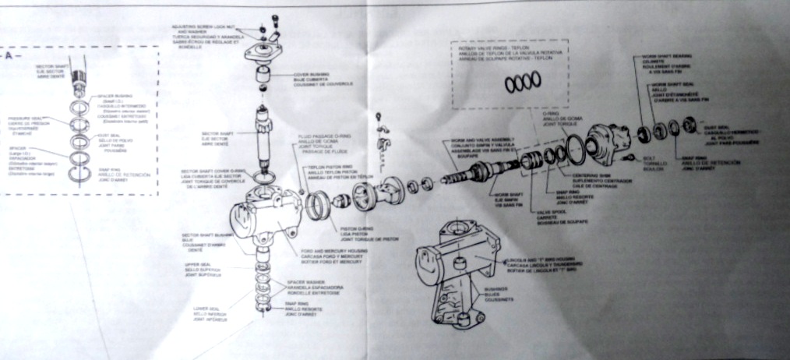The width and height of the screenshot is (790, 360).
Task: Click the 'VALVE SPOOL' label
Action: point(543,211)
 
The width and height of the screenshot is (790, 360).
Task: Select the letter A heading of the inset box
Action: point(11,56)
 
